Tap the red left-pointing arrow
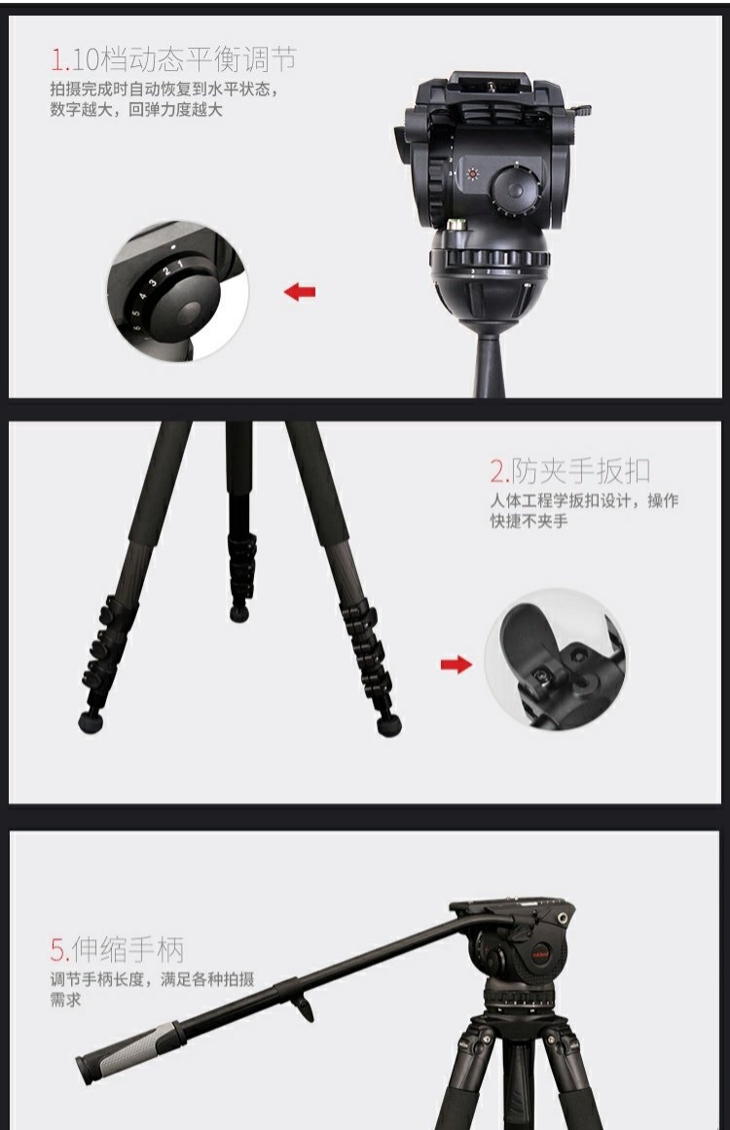point(300,292)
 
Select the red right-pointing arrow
point(456,665)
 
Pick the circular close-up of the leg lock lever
point(555,660)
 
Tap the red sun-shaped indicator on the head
point(472,173)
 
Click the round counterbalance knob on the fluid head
point(515,189)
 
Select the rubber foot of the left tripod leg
point(91,722)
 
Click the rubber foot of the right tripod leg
point(389,725)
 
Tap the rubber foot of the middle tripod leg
point(239,613)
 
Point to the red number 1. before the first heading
point(59,59)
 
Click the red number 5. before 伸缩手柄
point(59,951)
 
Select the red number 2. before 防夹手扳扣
point(500,472)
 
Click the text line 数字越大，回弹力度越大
point(136,110)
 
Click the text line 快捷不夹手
point(529,521)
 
